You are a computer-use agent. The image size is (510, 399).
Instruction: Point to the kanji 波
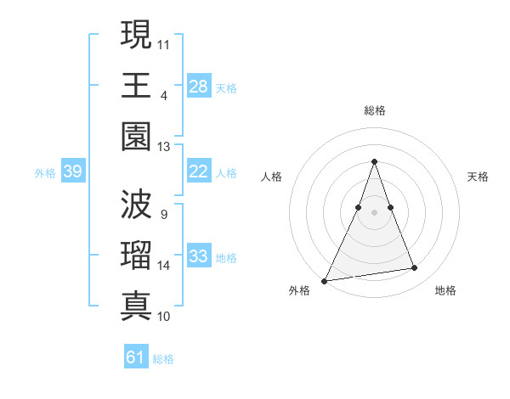click(136, 205)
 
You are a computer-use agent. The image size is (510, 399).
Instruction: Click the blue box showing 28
click(198, 86)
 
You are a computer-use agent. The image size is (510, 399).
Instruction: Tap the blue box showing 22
click(198, 171)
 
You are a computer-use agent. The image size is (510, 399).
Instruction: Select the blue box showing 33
click(198, 256)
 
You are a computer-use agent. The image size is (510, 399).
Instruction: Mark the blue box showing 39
click(73, 171)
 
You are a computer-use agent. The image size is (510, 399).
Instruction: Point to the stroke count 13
click(163, 147)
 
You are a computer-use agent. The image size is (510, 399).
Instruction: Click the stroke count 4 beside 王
click(163, 95)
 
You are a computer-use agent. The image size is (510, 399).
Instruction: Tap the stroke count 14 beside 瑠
click(163, 266)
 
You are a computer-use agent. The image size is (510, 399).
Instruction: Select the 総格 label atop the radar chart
click(374, 110)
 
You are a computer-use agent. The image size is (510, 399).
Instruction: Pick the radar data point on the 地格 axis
click(415, 268)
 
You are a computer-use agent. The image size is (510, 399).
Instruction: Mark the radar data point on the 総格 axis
click(374, 161)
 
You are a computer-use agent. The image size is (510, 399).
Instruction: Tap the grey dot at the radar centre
click(374, 212)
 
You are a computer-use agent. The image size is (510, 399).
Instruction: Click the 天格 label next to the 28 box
click(226, 87)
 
